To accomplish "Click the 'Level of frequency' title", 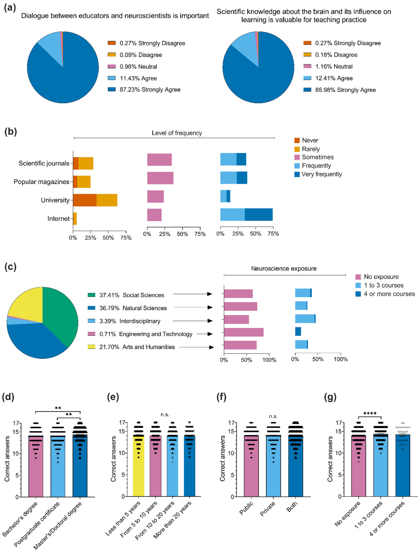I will pyautogui.click(x=177, y=133).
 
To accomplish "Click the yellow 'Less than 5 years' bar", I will pyautogui.click(x=138, y=470).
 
